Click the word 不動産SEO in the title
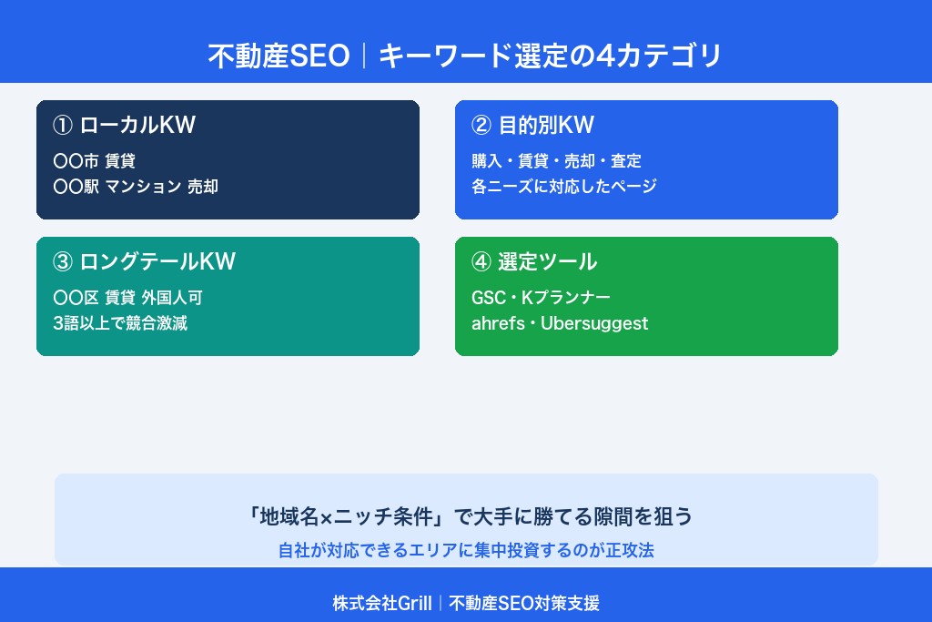click(x=279, y=56)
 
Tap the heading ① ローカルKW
click(x=125, y=126)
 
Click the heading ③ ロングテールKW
click(x=145, y=262)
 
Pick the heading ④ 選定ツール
click(x=534, y=262)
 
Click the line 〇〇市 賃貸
click(x=95, y=161)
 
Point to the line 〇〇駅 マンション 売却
click(x=137, y=187)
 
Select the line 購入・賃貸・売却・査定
click(x=556, y=161)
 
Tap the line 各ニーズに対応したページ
click(x=564, y=187)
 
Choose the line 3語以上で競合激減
click(x=120, y=323)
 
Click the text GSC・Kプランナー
click(x=541, y=298)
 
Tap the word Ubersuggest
click(x=594, y=323)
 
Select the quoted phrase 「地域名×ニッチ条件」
click(x=345, y=517)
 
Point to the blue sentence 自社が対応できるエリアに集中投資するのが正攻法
click(x=466, y=550)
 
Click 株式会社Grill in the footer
click(x=382, y=603)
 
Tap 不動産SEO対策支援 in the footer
click(x=524, y=603)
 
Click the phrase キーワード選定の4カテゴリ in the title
click(x=550, y=56)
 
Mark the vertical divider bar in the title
click(x=364, y=56)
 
